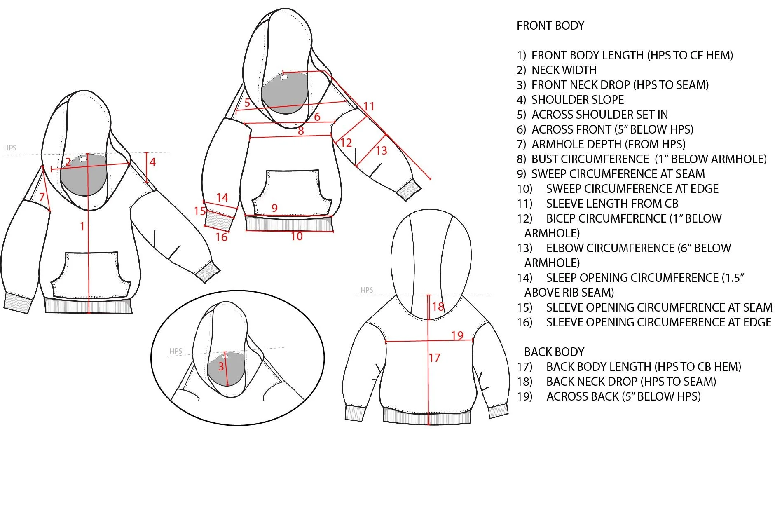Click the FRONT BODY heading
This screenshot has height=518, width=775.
click(550, 26)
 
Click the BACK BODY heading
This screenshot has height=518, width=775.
click(554, 352)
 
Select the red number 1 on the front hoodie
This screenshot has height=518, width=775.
click(82, 226)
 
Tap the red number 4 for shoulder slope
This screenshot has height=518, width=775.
click(152, 162)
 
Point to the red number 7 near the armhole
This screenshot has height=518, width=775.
click(42, 197)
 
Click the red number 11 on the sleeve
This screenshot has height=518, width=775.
click(369, 107)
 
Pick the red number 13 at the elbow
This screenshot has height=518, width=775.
click(382, 151)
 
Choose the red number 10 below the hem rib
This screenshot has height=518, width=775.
click(297, 237)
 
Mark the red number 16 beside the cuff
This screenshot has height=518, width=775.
click(221, 237)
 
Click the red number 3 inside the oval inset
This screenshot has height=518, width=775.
click(221, 366)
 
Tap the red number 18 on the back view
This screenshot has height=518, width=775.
click(438, 307)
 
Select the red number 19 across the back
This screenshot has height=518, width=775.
click(457, 335)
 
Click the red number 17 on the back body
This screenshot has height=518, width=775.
click(435, 358)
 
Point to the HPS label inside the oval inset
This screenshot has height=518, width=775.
click(176, 351)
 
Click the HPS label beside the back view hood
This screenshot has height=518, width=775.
click(367, 290)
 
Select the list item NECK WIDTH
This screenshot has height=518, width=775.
click(564, 70)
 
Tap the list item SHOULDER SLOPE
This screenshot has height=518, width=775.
click(577, 100)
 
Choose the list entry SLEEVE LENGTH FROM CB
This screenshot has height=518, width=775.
click(612, 204)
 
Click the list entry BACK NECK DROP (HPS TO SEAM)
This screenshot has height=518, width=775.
click(631, 382)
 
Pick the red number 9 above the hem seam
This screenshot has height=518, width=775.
click(274, 208)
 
